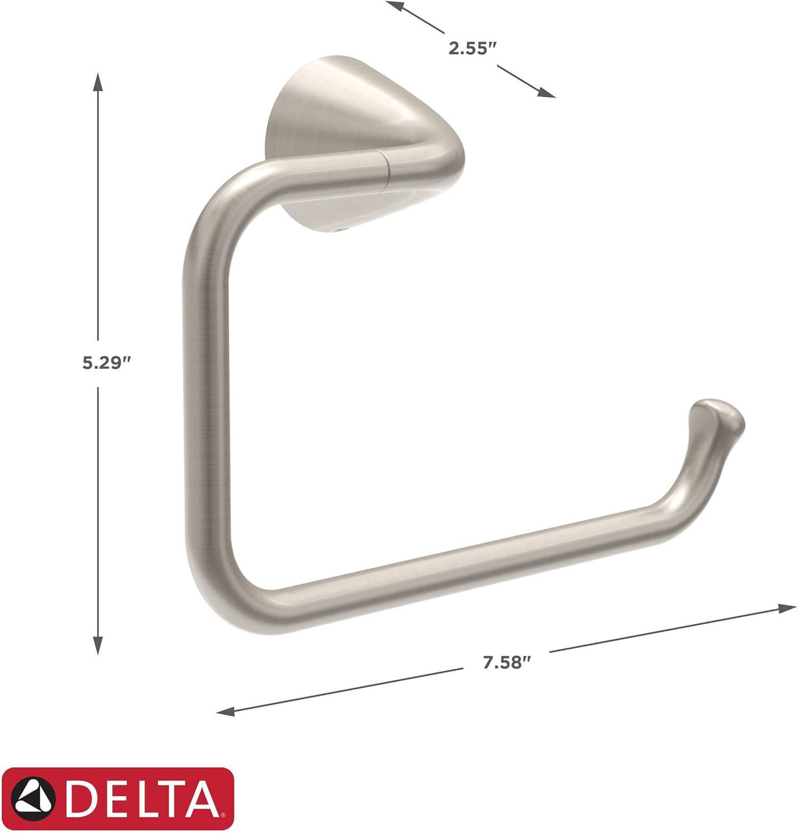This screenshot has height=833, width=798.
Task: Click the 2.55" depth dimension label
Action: click(471, 48)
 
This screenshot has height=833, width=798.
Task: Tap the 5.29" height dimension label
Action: click(107, 363)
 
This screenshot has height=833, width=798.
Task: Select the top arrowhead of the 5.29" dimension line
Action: click(98, 81)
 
